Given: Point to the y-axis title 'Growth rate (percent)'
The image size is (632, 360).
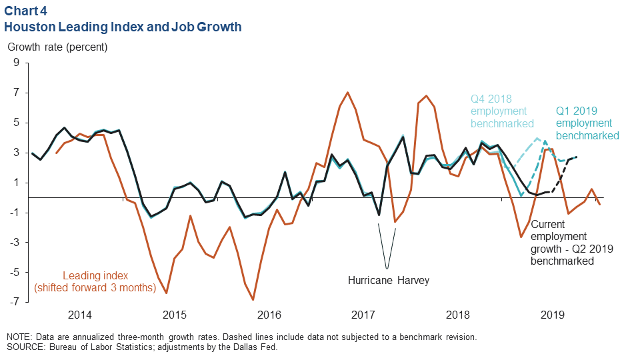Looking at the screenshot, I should (x=57, y=47).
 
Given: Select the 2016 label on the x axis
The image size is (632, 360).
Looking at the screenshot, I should (x=269, y=314).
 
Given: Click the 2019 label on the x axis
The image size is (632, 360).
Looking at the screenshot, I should (x=553, y=314).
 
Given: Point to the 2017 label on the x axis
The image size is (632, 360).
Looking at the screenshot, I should (x=363, y=314).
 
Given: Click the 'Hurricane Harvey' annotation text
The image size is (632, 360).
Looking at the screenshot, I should (x=389, y=281).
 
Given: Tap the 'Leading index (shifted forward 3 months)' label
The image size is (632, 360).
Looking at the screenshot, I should (x=95, y=281).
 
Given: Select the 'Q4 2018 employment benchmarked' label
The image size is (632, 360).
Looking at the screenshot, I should (x=502, y=111).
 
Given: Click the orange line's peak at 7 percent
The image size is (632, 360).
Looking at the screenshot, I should (x=347, y=93).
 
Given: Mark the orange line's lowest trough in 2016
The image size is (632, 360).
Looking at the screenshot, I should (x=253, y=299).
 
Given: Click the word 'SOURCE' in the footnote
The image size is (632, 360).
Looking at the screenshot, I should (x=25, y=347).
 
